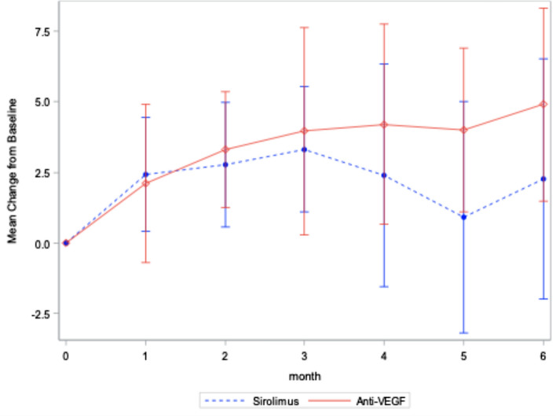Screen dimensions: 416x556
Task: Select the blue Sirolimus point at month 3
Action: pos(305,149)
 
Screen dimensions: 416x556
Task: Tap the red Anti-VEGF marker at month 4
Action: pos(384,125)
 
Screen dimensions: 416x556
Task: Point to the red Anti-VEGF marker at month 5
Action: pos(463,130)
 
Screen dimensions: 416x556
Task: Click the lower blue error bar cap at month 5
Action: pos(463,333)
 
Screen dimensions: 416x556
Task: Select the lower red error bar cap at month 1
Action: pos(146,262)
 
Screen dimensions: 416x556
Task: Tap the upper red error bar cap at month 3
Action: pos(305,28)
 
